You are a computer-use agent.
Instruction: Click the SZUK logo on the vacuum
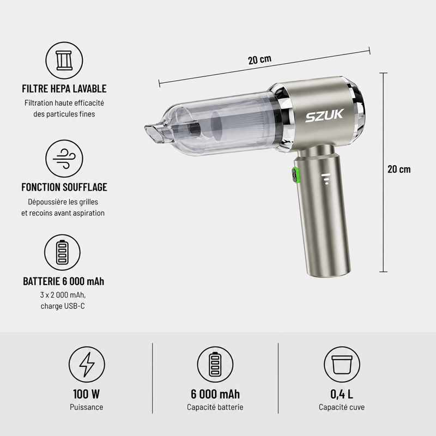coord(324,116)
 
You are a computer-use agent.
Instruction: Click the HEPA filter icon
coord(64,60)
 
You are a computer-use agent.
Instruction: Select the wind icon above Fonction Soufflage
coord(64,159)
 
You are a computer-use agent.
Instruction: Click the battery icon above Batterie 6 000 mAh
coord(62,253)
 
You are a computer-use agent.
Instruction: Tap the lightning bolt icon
coord(87,365)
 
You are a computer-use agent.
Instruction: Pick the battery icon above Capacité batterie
coord(215,365)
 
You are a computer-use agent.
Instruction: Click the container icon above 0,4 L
coord(342,365)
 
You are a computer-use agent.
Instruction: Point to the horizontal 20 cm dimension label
coord(260,59)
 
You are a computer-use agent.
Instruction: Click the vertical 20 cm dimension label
coord(399,169)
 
